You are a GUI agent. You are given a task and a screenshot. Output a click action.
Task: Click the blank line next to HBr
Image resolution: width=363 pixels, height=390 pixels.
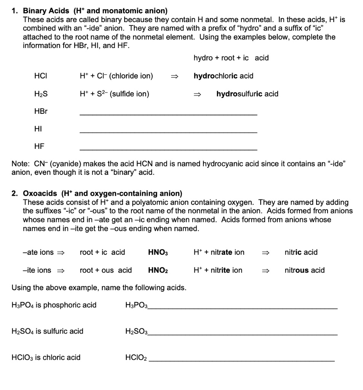click(168, 114)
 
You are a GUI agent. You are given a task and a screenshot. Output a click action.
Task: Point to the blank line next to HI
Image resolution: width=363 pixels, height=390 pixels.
click(168, 132)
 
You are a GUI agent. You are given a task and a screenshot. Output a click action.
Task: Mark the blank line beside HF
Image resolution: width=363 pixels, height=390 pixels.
click(168, 149)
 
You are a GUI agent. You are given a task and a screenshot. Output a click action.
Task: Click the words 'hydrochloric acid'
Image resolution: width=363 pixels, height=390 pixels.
click(223, 76)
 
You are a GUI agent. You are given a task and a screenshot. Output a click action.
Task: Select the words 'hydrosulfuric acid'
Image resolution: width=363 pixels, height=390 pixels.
click(247, 94)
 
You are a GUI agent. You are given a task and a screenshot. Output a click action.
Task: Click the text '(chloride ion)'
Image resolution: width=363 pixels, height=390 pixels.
click(131, 76)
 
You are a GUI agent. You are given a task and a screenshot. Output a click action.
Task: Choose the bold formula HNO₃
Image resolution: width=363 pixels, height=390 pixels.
click(158, 252)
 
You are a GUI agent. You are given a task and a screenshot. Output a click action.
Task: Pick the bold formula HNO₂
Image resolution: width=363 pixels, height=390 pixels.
click(158, 270)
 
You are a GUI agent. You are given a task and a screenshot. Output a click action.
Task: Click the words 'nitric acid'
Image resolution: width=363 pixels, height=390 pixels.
click(301, 252)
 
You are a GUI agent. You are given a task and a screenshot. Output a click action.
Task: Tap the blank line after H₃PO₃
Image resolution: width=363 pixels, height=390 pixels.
click(243, 307)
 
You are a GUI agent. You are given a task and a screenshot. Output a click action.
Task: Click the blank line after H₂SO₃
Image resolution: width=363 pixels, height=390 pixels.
click(243, 334)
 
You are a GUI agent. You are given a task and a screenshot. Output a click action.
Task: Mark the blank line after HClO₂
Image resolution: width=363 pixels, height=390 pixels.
click(241, 360)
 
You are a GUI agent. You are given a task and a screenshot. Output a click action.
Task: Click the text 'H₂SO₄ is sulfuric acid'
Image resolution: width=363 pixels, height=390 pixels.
click(48, 331)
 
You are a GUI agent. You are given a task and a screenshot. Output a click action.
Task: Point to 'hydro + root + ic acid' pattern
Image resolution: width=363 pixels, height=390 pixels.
click(231, 58)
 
